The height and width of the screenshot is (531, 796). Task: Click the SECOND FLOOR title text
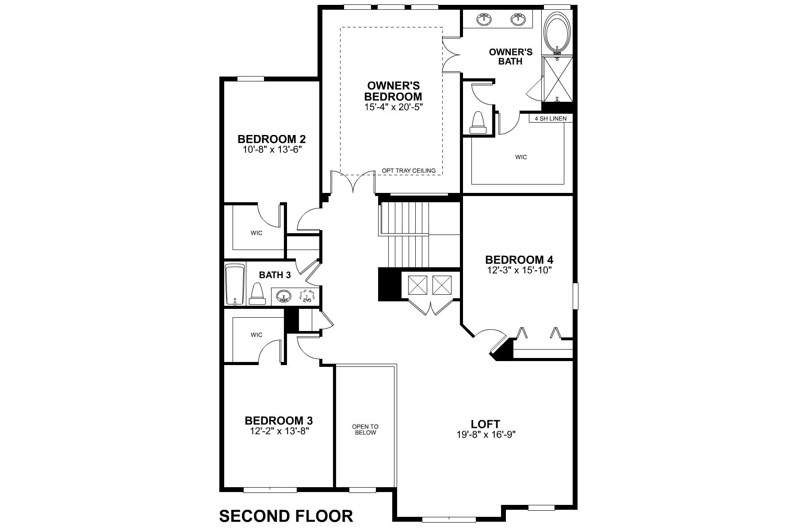point(286,516)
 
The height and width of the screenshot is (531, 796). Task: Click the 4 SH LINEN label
point(551,119)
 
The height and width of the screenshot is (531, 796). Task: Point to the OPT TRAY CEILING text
point(409,170)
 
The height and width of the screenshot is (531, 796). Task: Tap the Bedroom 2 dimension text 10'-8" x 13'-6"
point(272,150)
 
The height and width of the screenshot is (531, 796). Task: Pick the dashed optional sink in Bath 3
point(306,296)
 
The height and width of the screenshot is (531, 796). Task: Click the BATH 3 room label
point(275,275)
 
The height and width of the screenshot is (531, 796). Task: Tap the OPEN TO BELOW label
point(365,429)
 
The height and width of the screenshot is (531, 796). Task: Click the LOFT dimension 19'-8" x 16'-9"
point(486,435)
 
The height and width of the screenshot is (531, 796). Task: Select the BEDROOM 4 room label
point(519,260)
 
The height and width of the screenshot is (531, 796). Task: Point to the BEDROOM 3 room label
point(279,420)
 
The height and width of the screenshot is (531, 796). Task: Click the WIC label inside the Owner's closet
point(521,157)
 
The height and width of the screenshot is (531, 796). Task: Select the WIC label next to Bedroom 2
point(256,233)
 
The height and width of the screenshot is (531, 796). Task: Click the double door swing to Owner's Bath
point(451,55)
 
